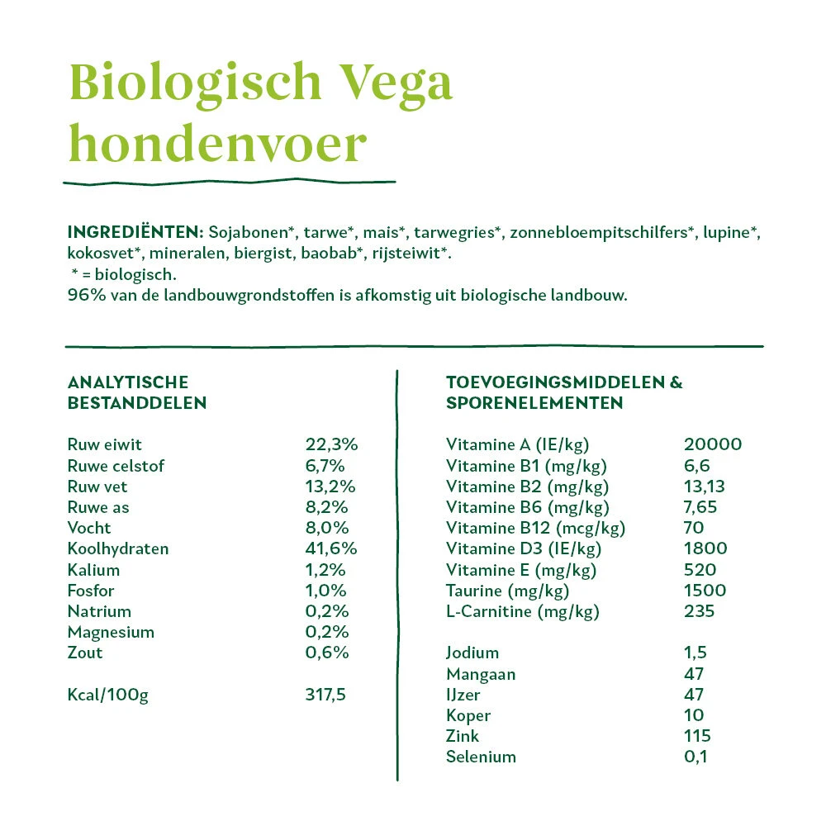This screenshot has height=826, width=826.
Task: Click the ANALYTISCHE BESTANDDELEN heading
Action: click(x=136, y=392)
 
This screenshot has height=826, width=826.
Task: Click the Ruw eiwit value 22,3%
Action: click(x=331, y=444)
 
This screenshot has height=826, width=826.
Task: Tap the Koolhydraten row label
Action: click(x=117, y=548)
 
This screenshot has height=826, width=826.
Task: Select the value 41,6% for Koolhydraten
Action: click(x=331, y=548)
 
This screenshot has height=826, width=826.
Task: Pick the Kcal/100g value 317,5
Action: click(x=325, y=694)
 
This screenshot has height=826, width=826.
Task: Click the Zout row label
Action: click(x=85, y=653)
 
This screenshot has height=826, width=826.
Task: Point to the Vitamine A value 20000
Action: click(x=713, y=444)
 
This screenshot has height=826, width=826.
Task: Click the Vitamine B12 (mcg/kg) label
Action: click(x=535, y=528)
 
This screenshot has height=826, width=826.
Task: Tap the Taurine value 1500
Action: click(x=705, y=590)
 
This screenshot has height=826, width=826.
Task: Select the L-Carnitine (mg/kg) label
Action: click(x=522, y=611)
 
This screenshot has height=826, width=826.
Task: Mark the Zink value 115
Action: click(x=697, y=735)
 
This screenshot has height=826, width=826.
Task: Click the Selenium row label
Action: click(x=481, y=757)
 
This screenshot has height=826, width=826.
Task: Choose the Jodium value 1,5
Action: click(x=695, y=653)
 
